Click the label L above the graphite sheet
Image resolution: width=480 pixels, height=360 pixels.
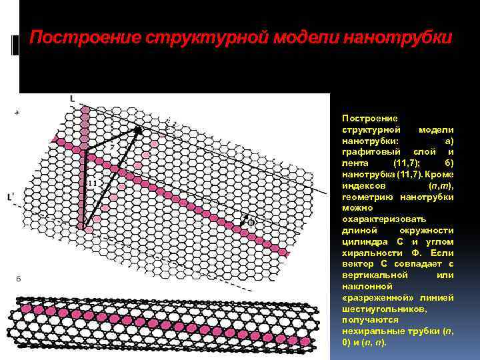[72, 98]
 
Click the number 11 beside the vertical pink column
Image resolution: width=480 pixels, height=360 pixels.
[91, 182]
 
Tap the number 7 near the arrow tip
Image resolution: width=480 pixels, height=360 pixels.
[120, 145]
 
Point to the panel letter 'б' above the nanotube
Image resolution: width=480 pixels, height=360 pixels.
[18, 279]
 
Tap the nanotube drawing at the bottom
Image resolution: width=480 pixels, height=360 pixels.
[167, 326]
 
